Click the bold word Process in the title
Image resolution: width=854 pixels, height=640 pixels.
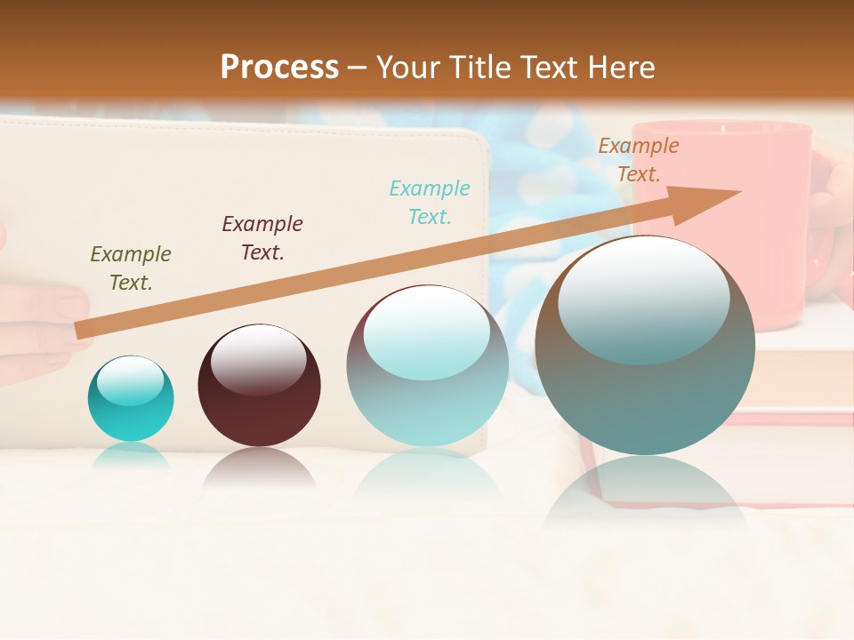pos(279,68)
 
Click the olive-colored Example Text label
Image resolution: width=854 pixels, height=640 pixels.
pos(131,268)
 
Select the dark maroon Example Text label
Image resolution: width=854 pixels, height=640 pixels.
pos(262,238)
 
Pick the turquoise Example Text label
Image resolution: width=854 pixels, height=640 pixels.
pos(430,203)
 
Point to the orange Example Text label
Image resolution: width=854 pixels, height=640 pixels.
pos(639,160)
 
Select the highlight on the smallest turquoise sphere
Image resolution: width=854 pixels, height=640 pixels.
pos(130,380)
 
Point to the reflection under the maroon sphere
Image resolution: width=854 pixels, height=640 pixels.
pos(259,468)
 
